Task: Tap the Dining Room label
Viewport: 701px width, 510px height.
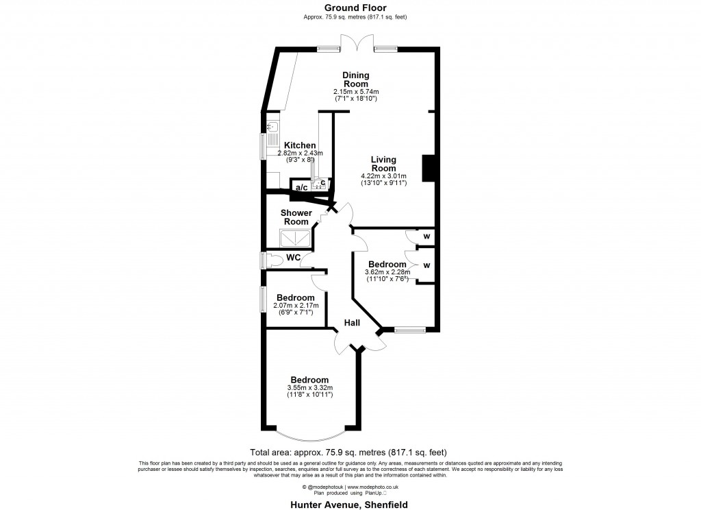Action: [x=356, y=80]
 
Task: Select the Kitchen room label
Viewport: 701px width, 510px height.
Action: [x=300, y=145]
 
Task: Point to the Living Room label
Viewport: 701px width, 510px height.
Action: [x=383, y=164]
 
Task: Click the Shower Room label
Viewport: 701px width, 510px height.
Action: [x=296, y=217]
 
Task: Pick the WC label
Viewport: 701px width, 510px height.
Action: [x=293, y=258]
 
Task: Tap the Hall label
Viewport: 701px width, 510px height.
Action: [x=352, y=322]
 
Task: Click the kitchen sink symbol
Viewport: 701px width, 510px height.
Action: [x=272, y=127]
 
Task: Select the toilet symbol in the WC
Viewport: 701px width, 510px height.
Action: [x=275, y=260]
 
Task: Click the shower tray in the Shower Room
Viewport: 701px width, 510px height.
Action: [x=294, y=238]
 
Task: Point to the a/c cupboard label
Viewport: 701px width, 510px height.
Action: [x=301, y=187]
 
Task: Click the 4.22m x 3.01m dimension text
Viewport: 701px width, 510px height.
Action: [x=383, y=176]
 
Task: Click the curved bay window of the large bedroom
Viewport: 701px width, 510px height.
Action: [x=309, y=436]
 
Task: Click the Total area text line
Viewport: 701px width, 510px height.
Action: [x=348, y=452]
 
